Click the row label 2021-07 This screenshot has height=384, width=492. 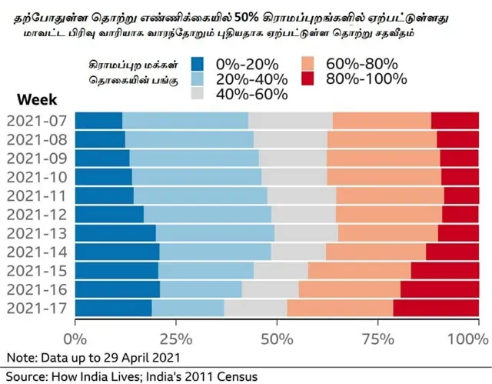click(36, 121)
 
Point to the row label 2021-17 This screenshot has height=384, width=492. click(36, 308)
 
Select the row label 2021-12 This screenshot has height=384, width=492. click(36, 214)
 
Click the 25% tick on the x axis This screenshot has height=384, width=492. click(176, 338)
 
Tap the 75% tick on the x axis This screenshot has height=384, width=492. click(378, 338)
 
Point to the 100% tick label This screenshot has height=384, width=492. click(463, 338)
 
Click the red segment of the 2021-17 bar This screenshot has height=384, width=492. click(436, 308)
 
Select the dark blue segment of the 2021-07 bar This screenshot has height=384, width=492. click(98, 121)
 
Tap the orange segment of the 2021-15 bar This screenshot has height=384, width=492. click(359, 270)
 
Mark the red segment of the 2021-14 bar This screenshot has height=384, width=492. click(452, 252)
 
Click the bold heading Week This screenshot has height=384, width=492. click(37, 99)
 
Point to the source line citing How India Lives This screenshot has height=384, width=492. click(131, 376)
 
